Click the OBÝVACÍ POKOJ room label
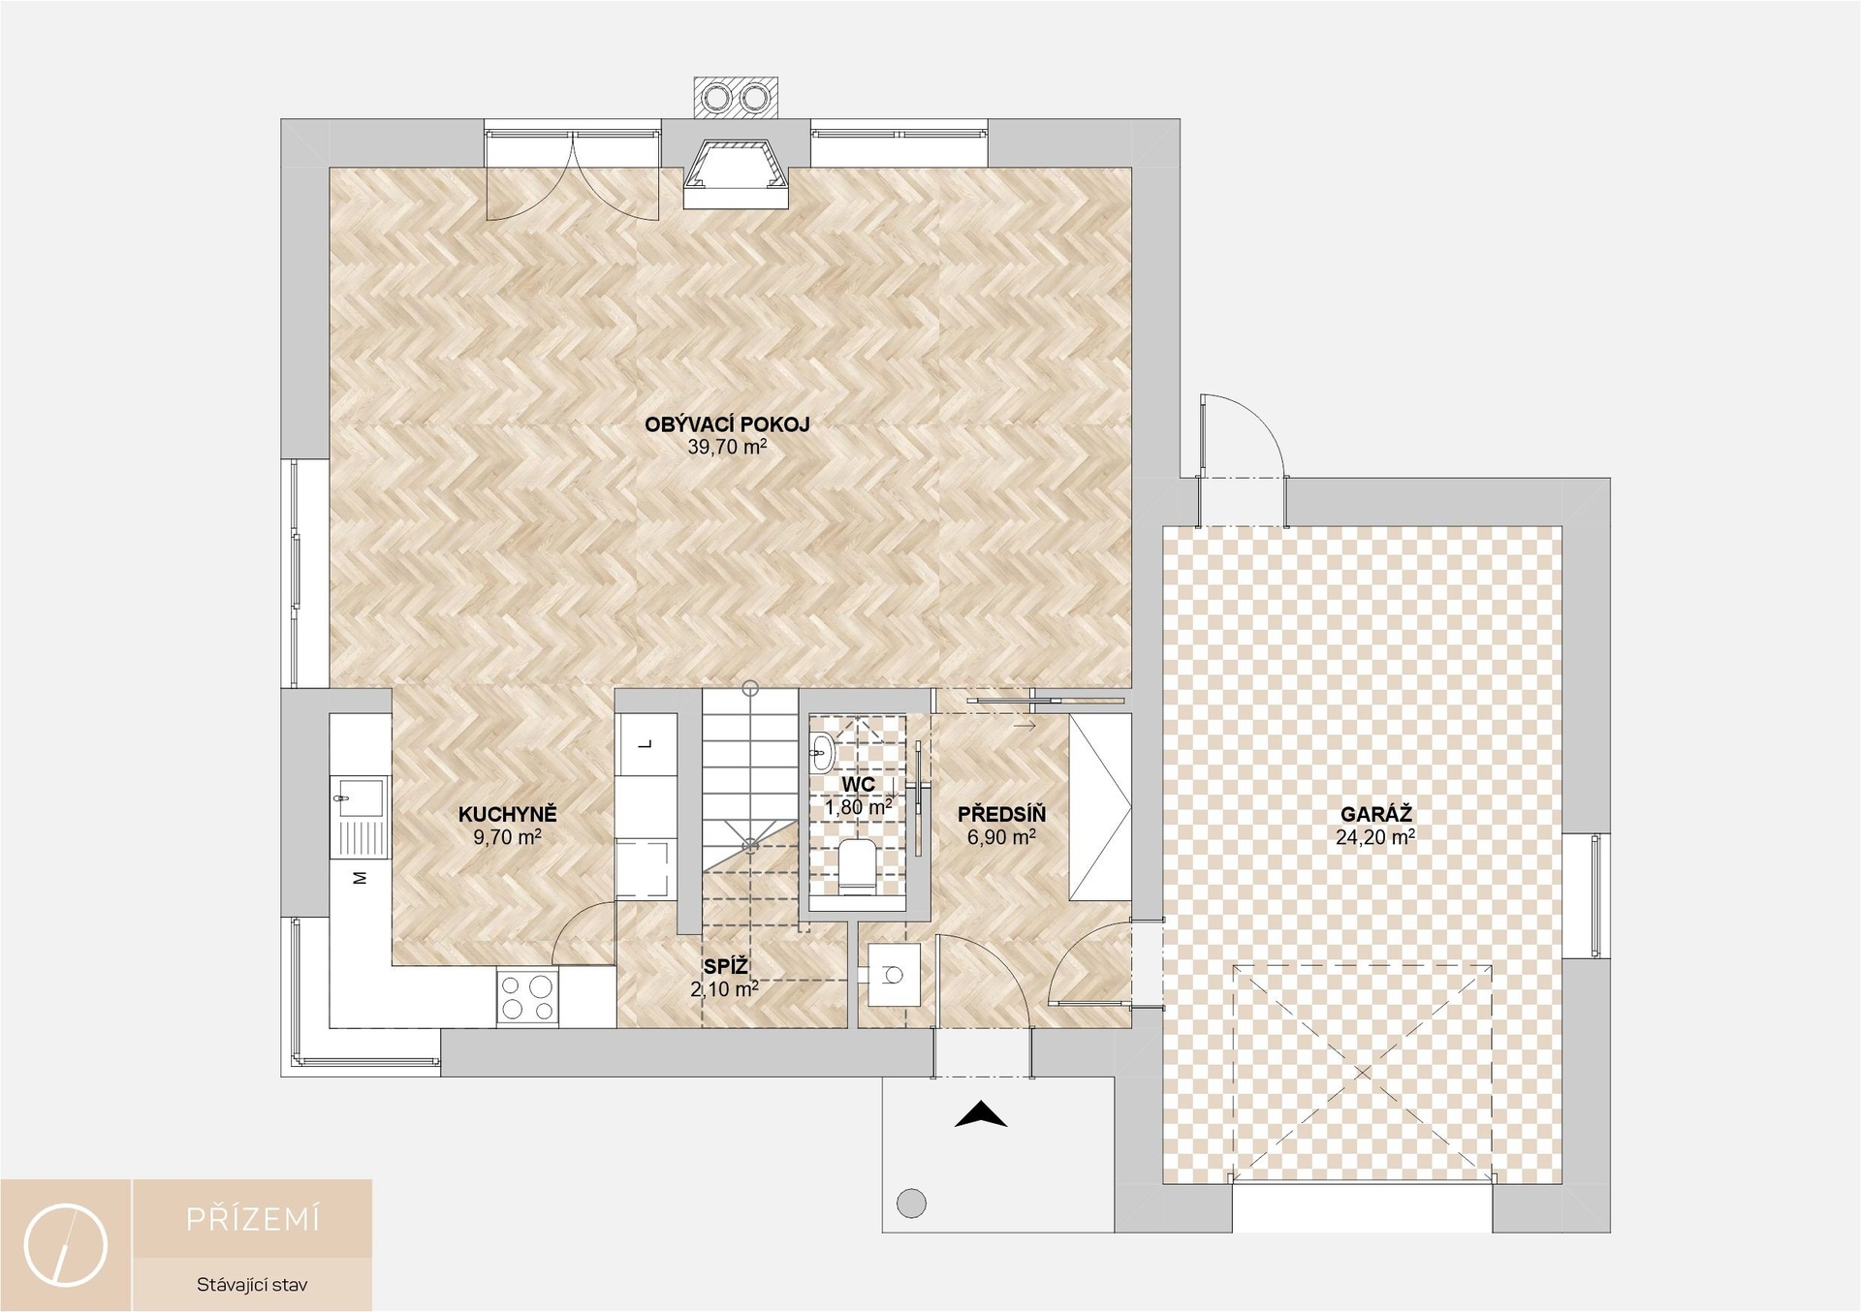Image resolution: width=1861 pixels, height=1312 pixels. pos(727,424)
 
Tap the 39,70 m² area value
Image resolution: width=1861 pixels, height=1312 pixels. pos(727,447)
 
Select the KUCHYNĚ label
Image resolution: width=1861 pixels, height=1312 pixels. pos(508,815)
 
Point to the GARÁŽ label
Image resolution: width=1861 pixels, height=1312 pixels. pos(1376,815)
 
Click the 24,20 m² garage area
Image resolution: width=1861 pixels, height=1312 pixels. pos(1375,837)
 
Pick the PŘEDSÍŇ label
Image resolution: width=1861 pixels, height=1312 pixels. pos(1001,815)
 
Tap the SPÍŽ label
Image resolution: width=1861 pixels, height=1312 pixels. pos(726,966)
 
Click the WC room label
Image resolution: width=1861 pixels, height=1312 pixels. pos(859,784)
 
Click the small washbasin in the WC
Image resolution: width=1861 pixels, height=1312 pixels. pos(822,752)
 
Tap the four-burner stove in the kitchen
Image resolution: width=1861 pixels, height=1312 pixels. pos(528,998)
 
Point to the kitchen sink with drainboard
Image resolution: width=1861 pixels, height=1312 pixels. pos(359,817)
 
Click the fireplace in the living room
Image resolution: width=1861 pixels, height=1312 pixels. pos(737,173)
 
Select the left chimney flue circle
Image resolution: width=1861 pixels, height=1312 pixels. pos(718,98)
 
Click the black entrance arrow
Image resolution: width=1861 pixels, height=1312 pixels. pos(981,1114)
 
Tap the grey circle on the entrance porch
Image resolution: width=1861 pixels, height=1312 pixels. pos(911,1203)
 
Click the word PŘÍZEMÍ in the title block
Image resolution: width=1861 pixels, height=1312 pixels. pos(253,1219)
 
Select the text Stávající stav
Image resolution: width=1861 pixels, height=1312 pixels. pos(252,1285)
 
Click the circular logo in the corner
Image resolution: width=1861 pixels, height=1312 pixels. pos(66,1245)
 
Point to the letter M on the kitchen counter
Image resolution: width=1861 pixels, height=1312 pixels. pos(360,878)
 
